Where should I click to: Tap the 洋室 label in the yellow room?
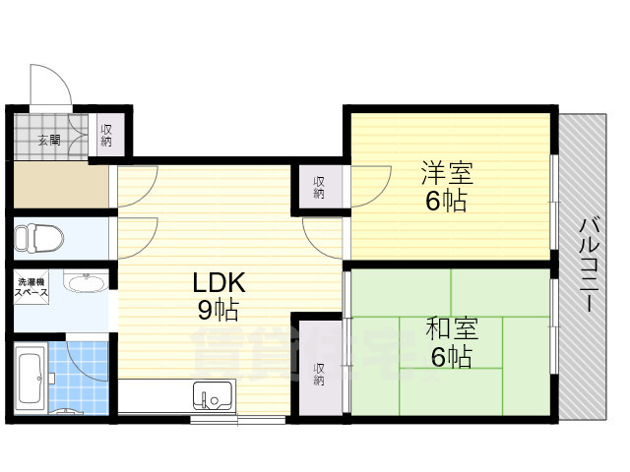pyautogui.click(x=447, y=174)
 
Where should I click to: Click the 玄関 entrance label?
pyautogui.click(x=49, y=140)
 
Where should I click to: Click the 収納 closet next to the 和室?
pyautogui.click(x=320, y=374)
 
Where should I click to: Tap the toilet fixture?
pyautogui.click(x=39, y=238)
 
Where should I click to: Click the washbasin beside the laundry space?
pyautogui.click(x=87, y=284)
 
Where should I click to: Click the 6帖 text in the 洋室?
pyautogui.click(x=446, y=203)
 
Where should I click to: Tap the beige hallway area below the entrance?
pyautogui.click(x=59, y=186)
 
